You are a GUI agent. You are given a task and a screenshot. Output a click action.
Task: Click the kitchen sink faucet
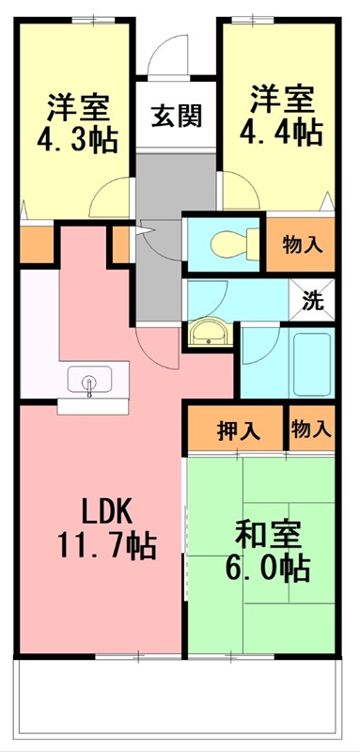tap(90, 383)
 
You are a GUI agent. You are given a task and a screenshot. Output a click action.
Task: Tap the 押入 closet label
tap(238, 431)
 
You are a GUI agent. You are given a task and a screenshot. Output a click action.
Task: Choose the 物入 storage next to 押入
tap(310, 431)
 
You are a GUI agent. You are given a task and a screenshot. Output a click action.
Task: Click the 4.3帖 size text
tap(77, 140)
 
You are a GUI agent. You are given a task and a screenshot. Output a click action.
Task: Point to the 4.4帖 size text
tap(282, 132)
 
